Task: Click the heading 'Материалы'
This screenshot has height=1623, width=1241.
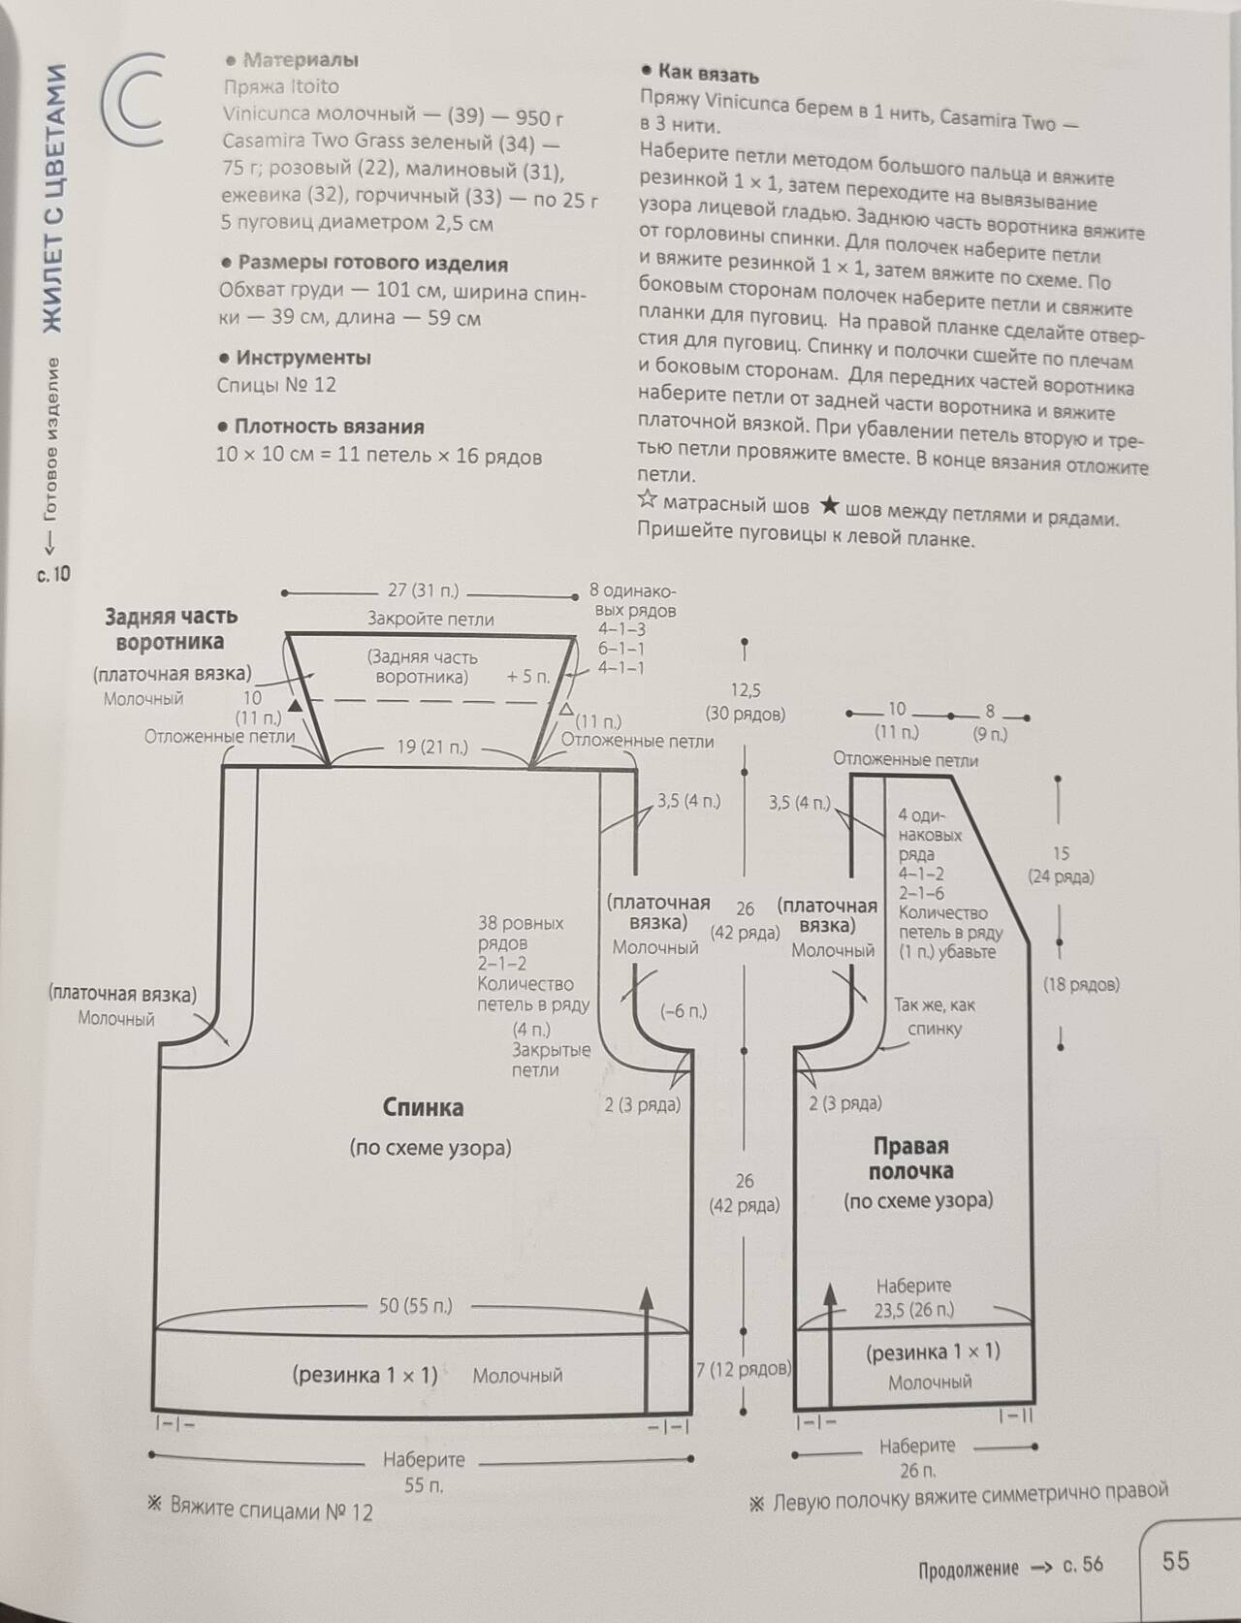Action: (x=301, y=60)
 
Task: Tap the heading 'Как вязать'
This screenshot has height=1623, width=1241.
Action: (x=708, y=74)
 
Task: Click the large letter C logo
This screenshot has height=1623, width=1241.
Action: (x=136, y=101)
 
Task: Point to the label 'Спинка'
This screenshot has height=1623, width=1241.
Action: (x=423, y=1107)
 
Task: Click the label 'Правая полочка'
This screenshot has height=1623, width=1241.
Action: (x=910, y=1158)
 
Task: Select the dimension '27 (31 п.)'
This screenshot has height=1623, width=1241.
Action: (x=423, y=590)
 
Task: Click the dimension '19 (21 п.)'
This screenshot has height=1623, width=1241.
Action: (x=432, y=747)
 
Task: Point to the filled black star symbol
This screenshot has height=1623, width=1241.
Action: (x=830, y=506)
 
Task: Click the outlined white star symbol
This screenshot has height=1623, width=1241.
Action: (x=647, y=500)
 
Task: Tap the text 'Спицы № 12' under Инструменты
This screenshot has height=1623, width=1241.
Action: (x=276, y=385)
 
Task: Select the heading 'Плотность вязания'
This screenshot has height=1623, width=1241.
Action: (x=330, y=427)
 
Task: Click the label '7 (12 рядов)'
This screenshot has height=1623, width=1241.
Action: (x=744, y=1369)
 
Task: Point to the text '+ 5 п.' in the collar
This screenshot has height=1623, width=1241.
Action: (x=528, y=677)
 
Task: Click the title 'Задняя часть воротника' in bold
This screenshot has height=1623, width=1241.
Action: (x=171, y=628)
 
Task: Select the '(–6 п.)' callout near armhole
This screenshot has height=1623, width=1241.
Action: (x=683, y=1011)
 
